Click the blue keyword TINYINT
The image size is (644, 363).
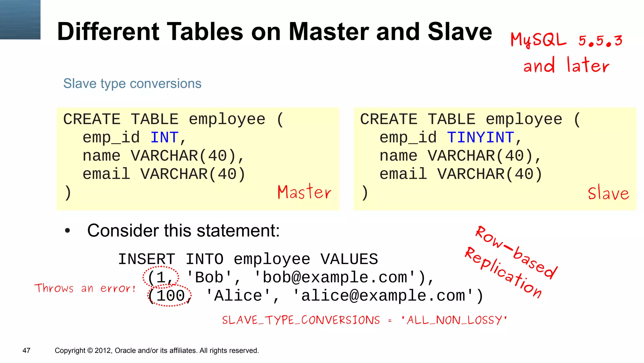pos(480,138)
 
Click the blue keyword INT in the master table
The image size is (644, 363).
pos(164,138)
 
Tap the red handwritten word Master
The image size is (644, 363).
pos(304,192)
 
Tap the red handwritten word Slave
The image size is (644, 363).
pos(608,193)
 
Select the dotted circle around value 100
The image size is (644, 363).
pos(169,295)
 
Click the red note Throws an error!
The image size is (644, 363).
pos(85,288)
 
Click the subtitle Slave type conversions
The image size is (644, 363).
pos(132,84)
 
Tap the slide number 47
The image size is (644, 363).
pos(26,350)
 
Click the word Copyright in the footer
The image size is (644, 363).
pos(70,350)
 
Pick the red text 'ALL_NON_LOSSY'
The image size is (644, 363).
pos(454,320)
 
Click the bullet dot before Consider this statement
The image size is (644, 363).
pos(67,231)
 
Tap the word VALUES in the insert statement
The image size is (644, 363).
pos(349,259)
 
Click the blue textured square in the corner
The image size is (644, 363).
pos(20,20)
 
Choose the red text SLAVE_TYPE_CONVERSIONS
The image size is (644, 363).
pos(301,320)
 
